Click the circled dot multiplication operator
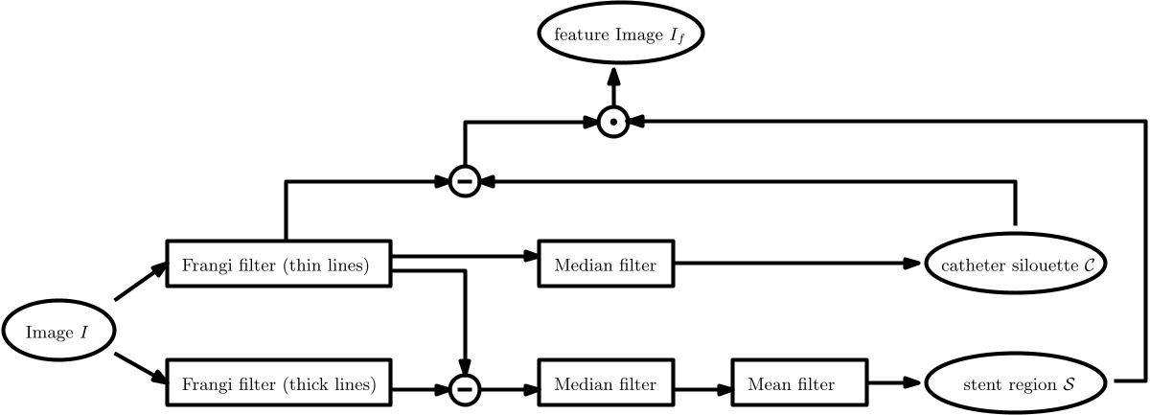coord(613,122)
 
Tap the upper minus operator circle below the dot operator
coord(464,180)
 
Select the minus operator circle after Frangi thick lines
coord(464,388)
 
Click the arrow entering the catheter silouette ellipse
coord(795,265)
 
